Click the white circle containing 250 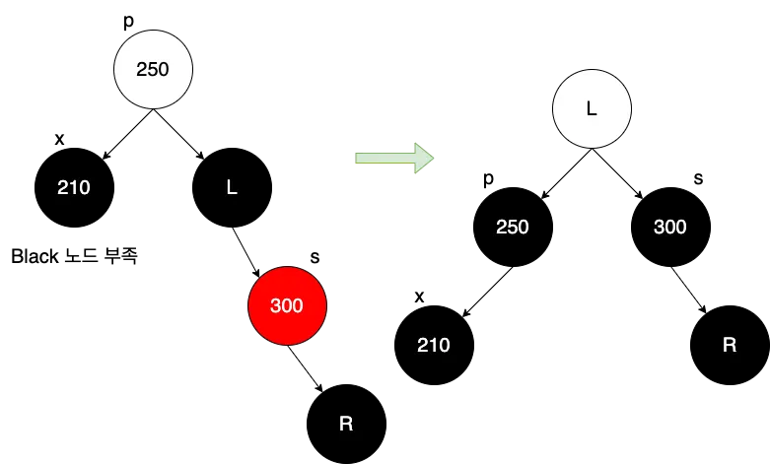pyautogui.click(x=153, y=69)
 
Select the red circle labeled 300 pyautogui.click(x=287, y=305)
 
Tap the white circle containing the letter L pyautogui.click(x=592, y=108)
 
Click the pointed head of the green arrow pyautogui.click(x=425, y=158)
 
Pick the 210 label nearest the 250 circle pyautogui.click(x=74, y=187)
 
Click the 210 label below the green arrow pyautogui.click(x=434, y=345)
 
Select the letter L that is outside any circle pyautogui.click(x=232, y=187)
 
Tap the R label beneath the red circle pyautogui.click(x=346, y=424)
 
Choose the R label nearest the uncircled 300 pyautogui.click(x=730, y=345)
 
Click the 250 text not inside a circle pyautogui.click(x=513, y=227)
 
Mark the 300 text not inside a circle pyautogui.click(x=670, y=227)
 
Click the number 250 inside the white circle pyautogui.click(x=153, y=69)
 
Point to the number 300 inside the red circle pyautogui.click(x=287, y=305)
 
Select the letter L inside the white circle pyautogui.click(x=592, y=108)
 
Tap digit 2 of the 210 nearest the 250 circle pyautogui.click(x=63, y=187)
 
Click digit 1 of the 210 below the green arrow pyautogui.click(x=434, y=345)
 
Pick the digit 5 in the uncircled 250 pyautogui.click(x=513, y=227)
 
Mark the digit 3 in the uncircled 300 pyautogui.click(x=660, y=227)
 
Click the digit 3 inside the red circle pyautogui.click(x=276, y=305)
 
